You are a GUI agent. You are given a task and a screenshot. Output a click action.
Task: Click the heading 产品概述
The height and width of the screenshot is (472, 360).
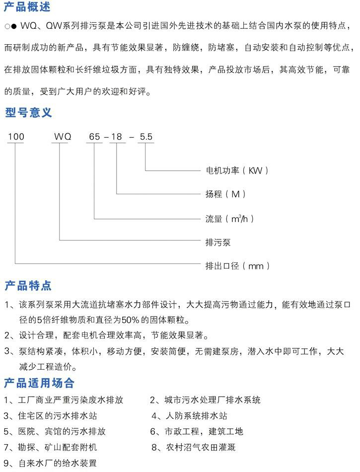point(27,6)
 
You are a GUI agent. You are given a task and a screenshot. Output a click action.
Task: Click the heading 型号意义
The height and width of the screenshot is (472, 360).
point(28,113)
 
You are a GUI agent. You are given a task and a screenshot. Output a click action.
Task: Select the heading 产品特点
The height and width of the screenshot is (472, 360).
point(28,285)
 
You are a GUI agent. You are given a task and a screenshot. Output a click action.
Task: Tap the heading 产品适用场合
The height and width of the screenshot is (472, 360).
point(39,383)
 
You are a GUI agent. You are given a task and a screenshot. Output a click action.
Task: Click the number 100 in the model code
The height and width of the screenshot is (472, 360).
point(16,137)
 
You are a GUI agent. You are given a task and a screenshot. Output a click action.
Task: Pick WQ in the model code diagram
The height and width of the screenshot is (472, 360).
point(63,137)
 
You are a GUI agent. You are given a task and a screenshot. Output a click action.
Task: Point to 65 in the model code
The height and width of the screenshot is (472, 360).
point(94,137)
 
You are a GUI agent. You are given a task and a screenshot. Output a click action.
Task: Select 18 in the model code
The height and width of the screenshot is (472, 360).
point(117,137)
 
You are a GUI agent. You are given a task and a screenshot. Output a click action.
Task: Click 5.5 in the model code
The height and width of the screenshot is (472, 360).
point(146,137)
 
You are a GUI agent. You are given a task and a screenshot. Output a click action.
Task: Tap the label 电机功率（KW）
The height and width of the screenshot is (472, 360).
point(237,171)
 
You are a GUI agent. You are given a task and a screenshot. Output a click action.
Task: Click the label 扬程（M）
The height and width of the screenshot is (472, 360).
point(225,194)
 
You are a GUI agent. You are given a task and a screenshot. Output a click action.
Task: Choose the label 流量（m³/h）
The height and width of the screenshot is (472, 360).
point(230,219)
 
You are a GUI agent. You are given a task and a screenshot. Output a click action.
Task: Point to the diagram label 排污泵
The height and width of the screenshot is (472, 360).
point(218,242)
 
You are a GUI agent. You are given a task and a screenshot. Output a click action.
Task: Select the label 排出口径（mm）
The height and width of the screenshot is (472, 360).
point(237,266)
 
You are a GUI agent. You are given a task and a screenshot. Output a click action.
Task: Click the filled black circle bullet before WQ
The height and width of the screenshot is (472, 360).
point(14,26)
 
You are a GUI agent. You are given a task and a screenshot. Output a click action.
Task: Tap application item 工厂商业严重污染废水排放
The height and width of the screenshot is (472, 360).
point(71,400)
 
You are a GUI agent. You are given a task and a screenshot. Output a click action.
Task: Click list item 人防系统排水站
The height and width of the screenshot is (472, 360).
point(197,416)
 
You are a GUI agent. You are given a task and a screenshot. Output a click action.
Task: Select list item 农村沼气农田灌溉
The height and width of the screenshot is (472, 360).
point(201,447)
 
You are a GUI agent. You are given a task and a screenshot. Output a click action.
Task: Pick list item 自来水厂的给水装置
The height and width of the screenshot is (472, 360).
point(58,463)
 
